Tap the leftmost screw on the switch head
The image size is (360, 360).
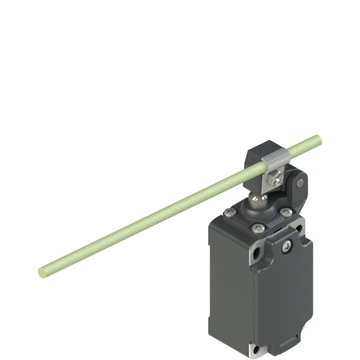click(x=228, y=212)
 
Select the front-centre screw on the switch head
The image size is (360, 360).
click(x=258, y=228)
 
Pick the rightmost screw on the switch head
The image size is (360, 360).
click(x=286, y=212)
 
